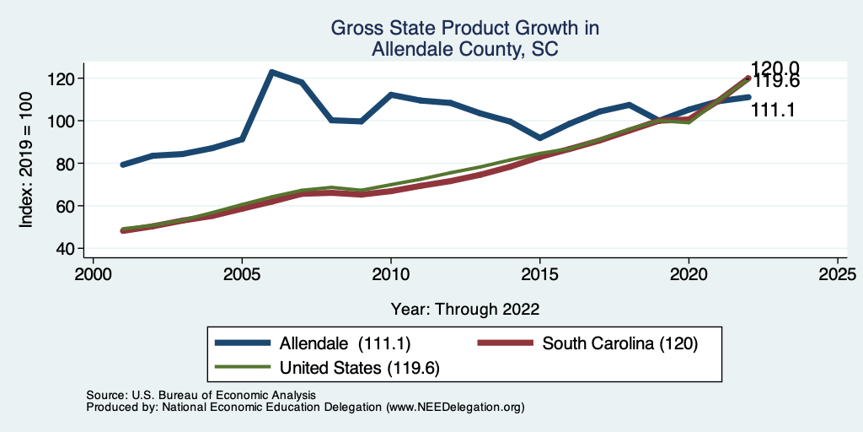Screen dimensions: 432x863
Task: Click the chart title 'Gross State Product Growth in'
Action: pyautogui.click(x=464, y=29)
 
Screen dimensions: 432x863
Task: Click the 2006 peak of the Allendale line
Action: pyautogui.click(x=272, y=73)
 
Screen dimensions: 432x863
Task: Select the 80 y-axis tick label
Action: pyautogui.click(x=68, y=164)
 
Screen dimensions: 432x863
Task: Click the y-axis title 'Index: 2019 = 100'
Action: pyautogui.click(x=26, y=164)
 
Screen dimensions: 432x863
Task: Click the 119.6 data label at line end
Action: pyautogui.click(x=776, y=83)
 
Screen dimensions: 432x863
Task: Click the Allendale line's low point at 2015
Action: pyautogui.click(x=539, y=138)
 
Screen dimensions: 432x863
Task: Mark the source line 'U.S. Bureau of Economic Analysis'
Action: pyautogui.click(x=201, y=395)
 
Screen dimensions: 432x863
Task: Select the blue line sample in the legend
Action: pyautogui.click(x=244, y=343)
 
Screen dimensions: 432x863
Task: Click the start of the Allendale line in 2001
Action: pyautogui.click(x=123, y=165)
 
